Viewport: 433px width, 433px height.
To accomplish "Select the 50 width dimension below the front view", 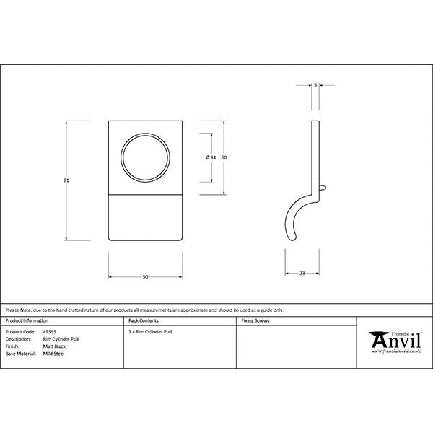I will point(144,276).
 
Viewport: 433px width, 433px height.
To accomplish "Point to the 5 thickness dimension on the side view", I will point(315,85).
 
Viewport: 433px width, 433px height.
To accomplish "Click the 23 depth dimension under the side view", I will point(302,273).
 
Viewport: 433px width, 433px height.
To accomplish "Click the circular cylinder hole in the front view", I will point(144,157).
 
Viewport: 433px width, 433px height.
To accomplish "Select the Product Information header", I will point(27,320).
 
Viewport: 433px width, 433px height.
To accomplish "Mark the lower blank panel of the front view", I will point(144,217).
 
